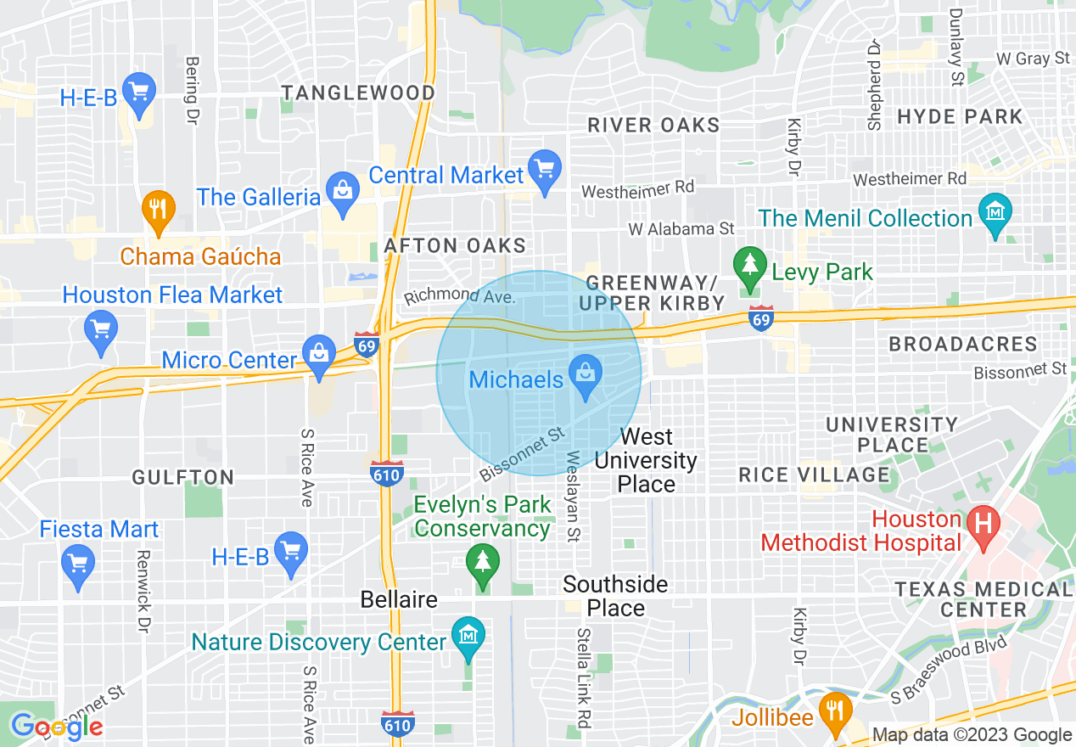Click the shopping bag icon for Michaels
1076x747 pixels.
tap(585, 374)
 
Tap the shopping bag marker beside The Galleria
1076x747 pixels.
tap(343, 192)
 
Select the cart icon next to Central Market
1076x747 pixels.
tap(544, 169)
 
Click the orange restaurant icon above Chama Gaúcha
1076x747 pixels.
tap(158, 209)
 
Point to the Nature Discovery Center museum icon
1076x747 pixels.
tap(468, 637)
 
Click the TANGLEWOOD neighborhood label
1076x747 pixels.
tap(359, 93)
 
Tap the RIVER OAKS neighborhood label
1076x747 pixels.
tap(653, 126)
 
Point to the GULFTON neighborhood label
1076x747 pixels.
tap(182, 478)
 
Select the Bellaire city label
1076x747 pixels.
tap(399, 599)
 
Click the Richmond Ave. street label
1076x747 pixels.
tap(459, 296)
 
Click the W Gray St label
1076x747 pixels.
tap(1033, 59)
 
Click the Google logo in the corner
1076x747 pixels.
tap(57, 726)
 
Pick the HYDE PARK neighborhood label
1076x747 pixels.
tap(960, 117)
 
